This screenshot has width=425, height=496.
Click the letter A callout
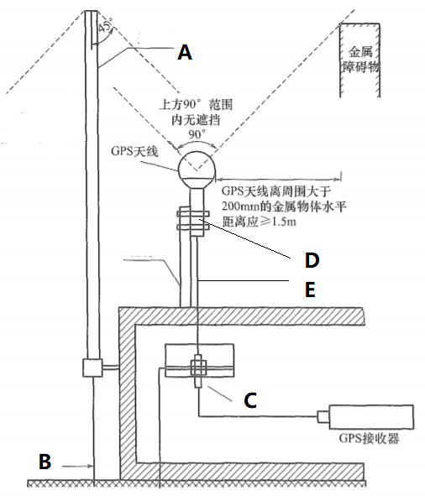(x=185, y=52)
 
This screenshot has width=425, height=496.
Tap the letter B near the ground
(x=45, y=461)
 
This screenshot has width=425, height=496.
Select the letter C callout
(x=250, y=400)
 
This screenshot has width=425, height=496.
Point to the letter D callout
(x=312, y=260)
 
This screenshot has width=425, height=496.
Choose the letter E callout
(x=310, y=290)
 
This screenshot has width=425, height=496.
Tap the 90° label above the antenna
(x=197, y=134)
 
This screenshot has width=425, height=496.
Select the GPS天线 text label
(x=134, y=151)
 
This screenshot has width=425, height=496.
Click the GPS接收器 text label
(x=370, y=438)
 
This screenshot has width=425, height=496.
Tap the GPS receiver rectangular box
(x=371, y=416)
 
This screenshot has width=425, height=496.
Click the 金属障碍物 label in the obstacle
(x=360, y=59)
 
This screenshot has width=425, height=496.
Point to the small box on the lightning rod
(x=92, y=368)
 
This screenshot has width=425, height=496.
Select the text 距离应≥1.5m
(x=260, y=222)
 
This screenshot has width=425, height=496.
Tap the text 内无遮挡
(x=196, y=120)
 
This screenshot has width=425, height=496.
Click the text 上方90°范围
(x=196, y=104)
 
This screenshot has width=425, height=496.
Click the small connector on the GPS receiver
(x=323, y=416)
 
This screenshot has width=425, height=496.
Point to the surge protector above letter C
(x=198, y=371)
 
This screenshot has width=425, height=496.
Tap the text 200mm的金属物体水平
(x=284, y=206)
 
